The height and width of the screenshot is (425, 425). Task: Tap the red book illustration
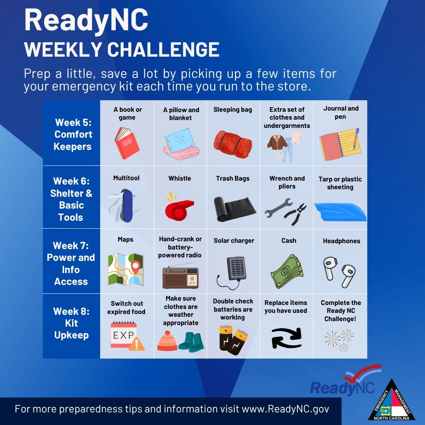point(127,143)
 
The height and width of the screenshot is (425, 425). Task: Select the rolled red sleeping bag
point(233,144)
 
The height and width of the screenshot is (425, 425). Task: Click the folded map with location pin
point(126,269)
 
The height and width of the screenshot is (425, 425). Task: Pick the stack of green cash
point(287,271)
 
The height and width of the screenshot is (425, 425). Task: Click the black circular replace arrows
point(286,338)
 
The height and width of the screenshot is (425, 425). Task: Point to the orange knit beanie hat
point(167,341)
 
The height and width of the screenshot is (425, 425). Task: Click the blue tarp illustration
point(340,212)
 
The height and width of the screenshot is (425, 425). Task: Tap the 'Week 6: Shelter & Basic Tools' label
point(71,199)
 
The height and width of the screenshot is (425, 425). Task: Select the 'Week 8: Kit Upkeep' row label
point(71,323)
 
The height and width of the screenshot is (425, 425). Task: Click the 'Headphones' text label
point(342,241)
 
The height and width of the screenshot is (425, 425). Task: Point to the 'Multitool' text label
point(126,178)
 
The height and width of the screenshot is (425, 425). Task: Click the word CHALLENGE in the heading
point(163,50)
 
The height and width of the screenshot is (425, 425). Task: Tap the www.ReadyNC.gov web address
point(285,409)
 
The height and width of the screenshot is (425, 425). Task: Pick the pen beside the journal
point(356,139)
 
